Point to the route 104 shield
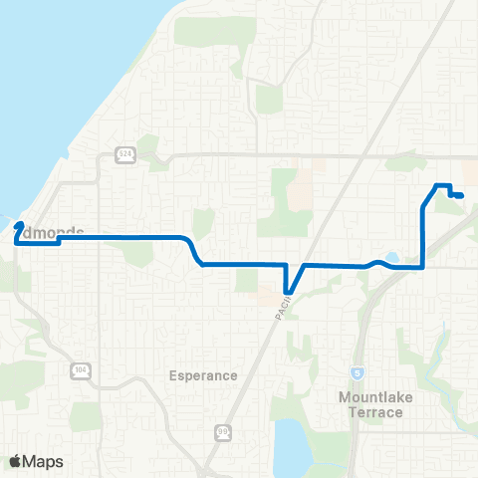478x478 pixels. [x=80, y=369]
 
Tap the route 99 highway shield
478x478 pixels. [x=223, y=432]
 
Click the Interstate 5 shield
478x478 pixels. [x=357, y=372]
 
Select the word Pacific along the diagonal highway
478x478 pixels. [x=283, y=304]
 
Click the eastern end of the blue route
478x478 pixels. [x=460, y=196]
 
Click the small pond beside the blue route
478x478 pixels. [x=392, y=258]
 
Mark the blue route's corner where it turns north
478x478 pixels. [x=424, y=267]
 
